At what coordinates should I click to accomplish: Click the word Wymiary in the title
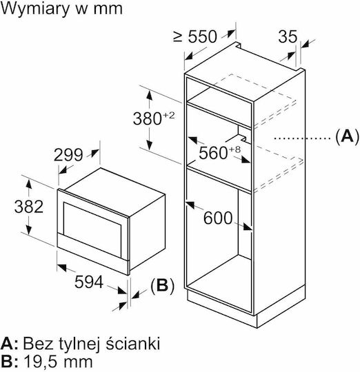(x=36, y=9)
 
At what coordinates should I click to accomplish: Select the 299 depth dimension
(x=68, y=156)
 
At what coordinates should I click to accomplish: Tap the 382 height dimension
(x=29, y=207)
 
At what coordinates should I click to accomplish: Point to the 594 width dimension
(x=89, y=282)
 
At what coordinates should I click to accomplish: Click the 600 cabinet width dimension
(x=218, y=218)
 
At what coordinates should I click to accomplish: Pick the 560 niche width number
(x=213, y=153)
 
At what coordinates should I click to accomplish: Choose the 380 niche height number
(x=148, y=118)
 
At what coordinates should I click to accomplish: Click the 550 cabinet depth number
(x=203, y=37)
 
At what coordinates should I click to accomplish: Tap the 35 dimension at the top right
(x=288, y=37)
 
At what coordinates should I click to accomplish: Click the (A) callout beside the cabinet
(x=348, y=136)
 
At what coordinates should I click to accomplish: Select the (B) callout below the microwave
(x=163, y=286)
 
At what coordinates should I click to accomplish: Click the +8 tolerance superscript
(x=235, y=149)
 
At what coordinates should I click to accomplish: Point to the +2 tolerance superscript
(x=169, y=115)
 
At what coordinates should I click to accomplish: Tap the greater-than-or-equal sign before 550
(x=178, y=37)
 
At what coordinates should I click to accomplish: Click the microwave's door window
(x=92, y=229)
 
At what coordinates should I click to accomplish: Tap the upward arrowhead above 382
(x=29, y=184)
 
